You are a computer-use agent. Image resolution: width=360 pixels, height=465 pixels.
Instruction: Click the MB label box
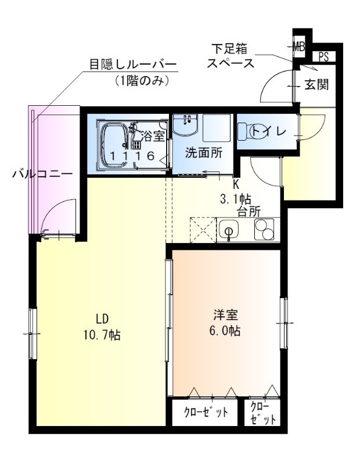[x=299, y=45]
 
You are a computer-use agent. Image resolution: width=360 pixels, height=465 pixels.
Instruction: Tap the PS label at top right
[x=323, y=57]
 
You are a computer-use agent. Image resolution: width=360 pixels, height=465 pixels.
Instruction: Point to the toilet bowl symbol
[x=253, y=131]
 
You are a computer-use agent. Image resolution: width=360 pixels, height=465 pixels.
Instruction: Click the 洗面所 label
[x=203, y=153]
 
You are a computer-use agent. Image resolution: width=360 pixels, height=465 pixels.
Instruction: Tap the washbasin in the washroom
[x=186, y=126]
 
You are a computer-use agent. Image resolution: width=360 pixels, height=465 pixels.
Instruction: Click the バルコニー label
[x=42, y=174]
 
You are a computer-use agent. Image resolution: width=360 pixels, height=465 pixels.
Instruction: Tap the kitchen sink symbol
[x=229, y=231]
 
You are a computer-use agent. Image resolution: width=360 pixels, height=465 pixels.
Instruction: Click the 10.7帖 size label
[x=102, y=335]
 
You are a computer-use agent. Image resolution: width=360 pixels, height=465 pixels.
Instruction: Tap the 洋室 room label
[x=225, y=316]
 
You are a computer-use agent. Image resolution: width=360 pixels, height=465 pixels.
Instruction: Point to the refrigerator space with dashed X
[x=203, y=230]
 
